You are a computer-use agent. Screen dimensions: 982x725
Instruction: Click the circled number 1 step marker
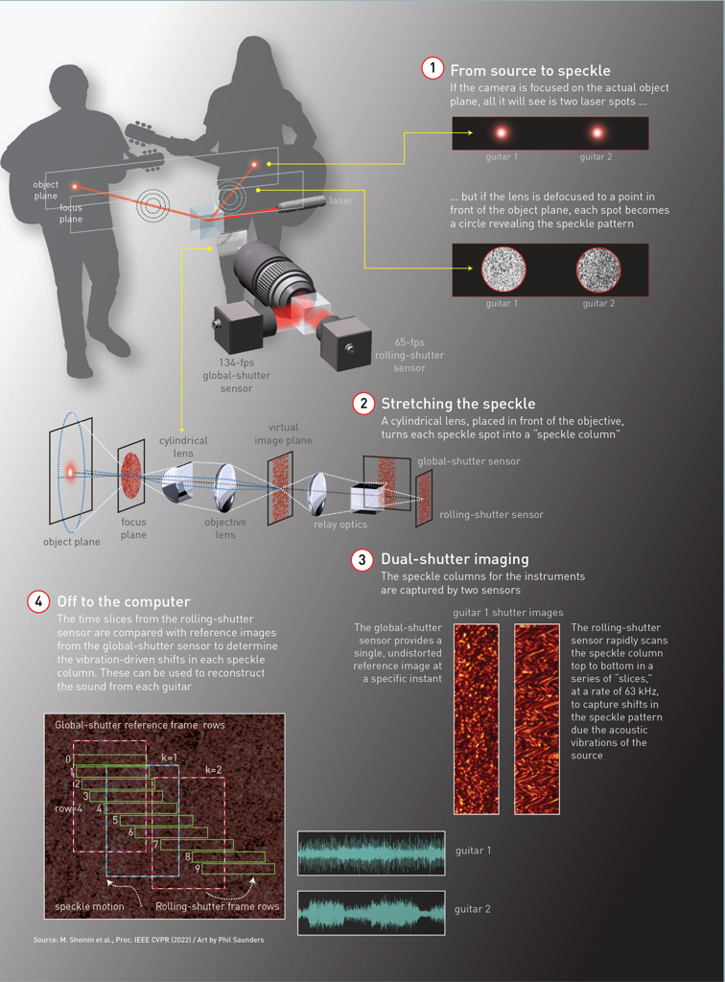[x=433, y=69]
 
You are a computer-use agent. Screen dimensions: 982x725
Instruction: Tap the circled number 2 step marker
[x=363, y=403]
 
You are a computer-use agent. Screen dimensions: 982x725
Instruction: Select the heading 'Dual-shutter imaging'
[x=455, y=559]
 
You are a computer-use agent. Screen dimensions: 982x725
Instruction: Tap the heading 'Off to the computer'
[x=124, y=601]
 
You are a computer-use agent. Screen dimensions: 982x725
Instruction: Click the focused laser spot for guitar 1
[x=501, y=133]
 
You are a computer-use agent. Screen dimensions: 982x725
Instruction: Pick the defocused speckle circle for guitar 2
[x=597, y=270]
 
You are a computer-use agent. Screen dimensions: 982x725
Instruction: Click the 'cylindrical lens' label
[x=182, y=447]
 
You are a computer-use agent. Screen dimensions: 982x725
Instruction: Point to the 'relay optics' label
[x=340, y=525]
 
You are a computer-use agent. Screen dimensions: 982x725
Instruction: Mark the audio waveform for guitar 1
[x=371, y=853]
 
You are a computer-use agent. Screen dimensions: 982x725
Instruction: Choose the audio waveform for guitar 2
[x=371, y=912]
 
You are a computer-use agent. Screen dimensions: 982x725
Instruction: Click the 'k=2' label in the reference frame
[x=214, y=770]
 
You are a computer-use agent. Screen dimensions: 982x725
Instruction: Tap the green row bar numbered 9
[x=235, y=869]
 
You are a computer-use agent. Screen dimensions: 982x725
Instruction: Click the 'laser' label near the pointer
[x=340, y=200]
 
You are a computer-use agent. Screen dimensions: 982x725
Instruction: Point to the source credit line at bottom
[x=149, y=939]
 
